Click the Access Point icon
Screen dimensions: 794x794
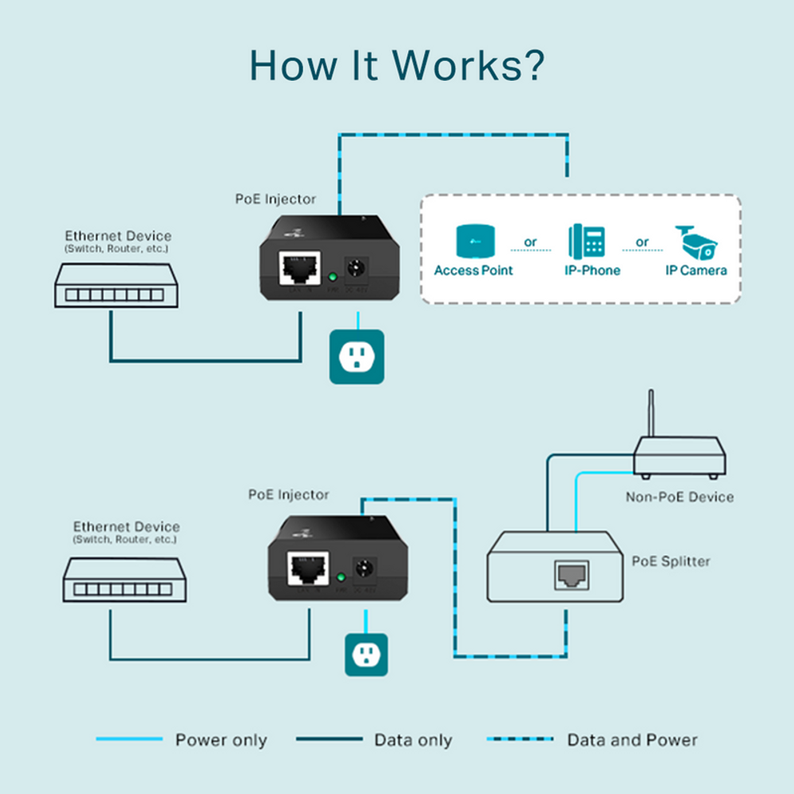coord(473,241)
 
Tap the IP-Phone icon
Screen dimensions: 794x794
coord(586,241)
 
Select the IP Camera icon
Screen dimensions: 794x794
coord(696,241)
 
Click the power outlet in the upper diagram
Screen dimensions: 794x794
coord(357,357)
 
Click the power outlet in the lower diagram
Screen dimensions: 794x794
coord(366,655)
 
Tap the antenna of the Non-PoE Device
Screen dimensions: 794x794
coord(651,413)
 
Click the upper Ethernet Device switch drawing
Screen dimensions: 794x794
coord(116,287)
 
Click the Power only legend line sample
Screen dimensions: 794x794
coord(129,740)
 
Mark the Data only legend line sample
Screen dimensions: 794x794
coord(329,740)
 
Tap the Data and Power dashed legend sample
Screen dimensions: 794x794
coord(520,740)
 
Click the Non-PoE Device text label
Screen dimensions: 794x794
coord(680,497)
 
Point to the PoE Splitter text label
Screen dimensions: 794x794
coord(671,561)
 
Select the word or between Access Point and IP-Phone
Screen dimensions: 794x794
coord(530,242)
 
